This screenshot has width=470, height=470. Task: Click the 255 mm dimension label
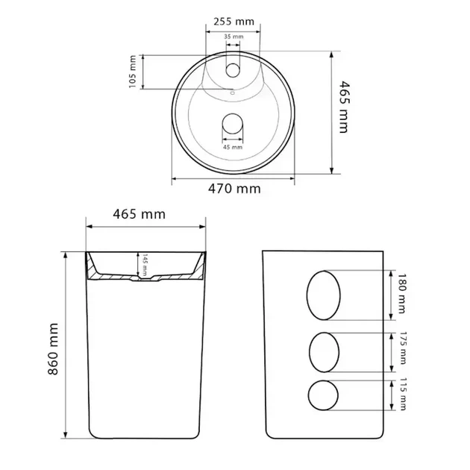(x=234, y=22)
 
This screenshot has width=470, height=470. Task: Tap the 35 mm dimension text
(x=234, y=37)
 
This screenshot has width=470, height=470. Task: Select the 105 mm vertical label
(x=133, y=72)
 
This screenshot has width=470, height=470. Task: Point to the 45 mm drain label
(x=233, y=147)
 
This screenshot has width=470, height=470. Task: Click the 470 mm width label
(x=234, y=189)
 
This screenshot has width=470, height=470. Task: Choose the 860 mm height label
(x=53, y=349)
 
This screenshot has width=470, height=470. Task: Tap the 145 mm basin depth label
(x=145, y=265)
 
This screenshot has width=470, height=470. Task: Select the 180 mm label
(x=401, y=293)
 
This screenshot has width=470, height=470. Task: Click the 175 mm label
(x=403, y=348)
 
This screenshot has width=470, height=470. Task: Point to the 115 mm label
(x=403, y=394)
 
